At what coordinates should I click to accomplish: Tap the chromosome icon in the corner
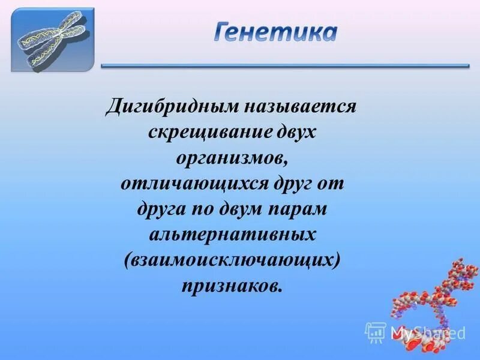coord(53,39)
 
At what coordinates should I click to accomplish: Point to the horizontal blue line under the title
coord(285,66)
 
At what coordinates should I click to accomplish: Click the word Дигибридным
coord(172,107)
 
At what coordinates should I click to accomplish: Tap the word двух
coord(294,132)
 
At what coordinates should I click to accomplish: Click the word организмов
coord(232,157)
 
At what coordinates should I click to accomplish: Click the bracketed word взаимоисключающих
coord(232,259)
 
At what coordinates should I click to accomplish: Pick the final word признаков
coord(232,284)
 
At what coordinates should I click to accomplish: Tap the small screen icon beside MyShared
coord(376,332)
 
